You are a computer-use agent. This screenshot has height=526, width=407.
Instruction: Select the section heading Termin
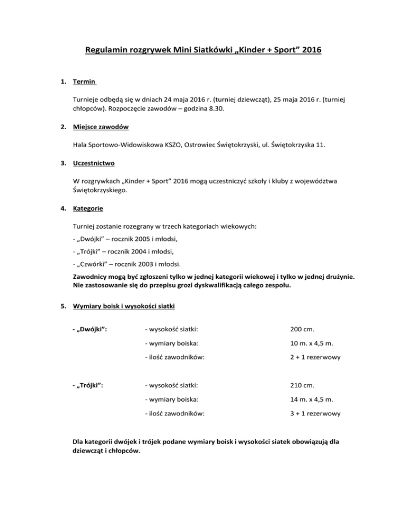coord(85,82)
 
